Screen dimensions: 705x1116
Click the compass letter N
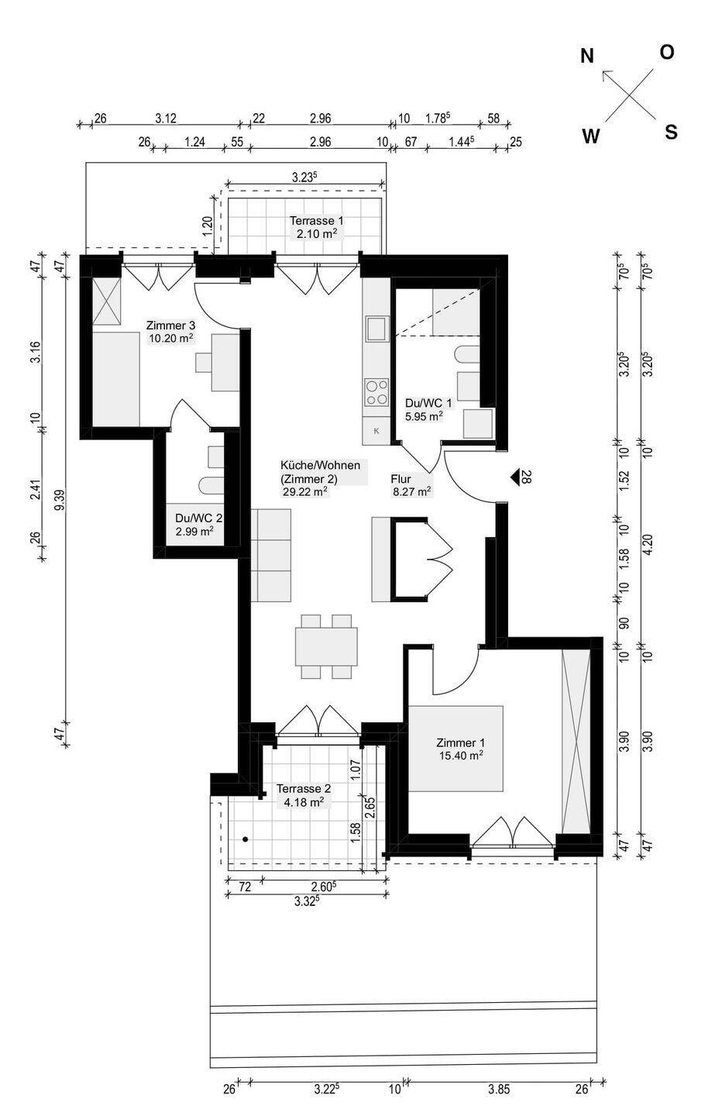(587, 57)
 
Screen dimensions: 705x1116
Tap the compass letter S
(671, 133)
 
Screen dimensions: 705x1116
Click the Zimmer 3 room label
(170, 325)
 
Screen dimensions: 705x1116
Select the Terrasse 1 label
(317, 220)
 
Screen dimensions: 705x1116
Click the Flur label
(401, 479)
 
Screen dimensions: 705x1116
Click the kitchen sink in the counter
(377, 328)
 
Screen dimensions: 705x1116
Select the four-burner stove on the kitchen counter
(377, 392)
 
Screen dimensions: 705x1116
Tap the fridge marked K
(377, 431)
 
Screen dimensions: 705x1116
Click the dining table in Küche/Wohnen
(327, 646)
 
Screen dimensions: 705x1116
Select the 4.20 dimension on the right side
(648, 544)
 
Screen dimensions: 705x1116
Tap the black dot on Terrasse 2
(245, 839)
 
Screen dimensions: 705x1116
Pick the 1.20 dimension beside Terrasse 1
(208, 226)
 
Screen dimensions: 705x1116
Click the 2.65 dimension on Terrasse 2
(370, 808)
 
